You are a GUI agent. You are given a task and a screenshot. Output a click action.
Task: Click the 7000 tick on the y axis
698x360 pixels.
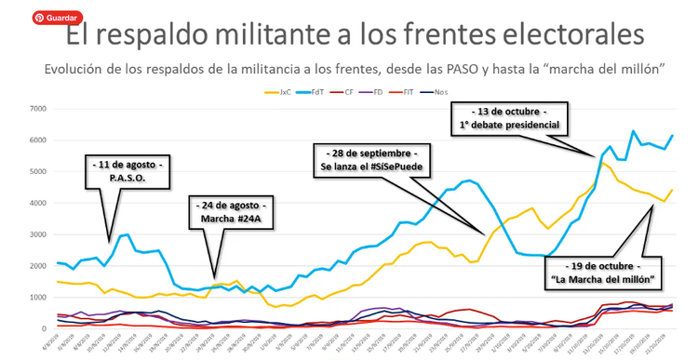(38, 109)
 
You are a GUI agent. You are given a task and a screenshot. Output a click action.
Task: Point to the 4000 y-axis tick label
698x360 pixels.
(38, 203)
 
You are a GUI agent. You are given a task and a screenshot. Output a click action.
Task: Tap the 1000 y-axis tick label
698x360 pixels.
(38, 297)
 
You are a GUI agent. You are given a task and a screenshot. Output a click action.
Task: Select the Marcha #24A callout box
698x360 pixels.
(229, 213)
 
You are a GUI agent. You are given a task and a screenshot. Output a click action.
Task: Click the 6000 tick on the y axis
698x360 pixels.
(38, 140)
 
